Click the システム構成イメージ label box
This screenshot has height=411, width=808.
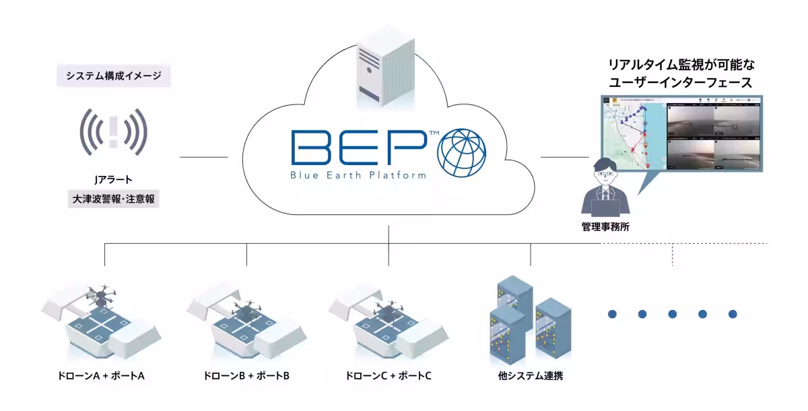coord(114,75)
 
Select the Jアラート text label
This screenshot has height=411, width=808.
coord(113,180)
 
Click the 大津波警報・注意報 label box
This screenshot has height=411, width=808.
coord(113,199)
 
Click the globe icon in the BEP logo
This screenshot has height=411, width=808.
coord(461,152)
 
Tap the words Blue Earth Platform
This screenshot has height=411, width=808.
coord(359,175)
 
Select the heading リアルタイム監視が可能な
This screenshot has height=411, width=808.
coord(681,66)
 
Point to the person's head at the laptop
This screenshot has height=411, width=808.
coord(605,172)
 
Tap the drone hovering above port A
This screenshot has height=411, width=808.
coord(102,294)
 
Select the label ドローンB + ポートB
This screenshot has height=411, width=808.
coord(246,375)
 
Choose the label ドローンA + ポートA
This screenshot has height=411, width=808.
coord(102,375)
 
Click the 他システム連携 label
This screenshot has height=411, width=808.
coord(526,375)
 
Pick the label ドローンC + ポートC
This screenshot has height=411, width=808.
coord(387,375)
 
